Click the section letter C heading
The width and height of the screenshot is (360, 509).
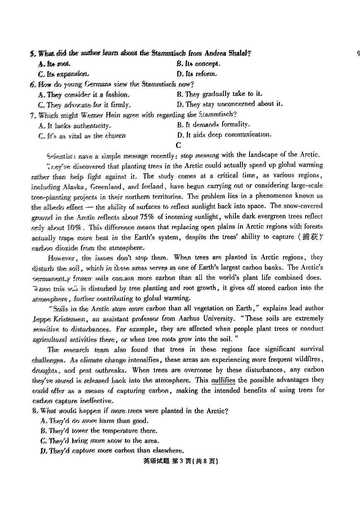[x=179, y=145]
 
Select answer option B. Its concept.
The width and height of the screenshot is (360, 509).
[x=198, y=64]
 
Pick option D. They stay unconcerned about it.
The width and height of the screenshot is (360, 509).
[x=229, y=104]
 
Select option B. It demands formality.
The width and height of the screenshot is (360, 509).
[x=213, y=125]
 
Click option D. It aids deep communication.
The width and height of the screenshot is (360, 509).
[x=224, y=135]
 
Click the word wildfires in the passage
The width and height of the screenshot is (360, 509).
[x=306, y=359]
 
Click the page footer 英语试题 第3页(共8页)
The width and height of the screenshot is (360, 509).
[x=181, y=461]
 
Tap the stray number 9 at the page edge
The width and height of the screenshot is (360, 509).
[x=358, y=53]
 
